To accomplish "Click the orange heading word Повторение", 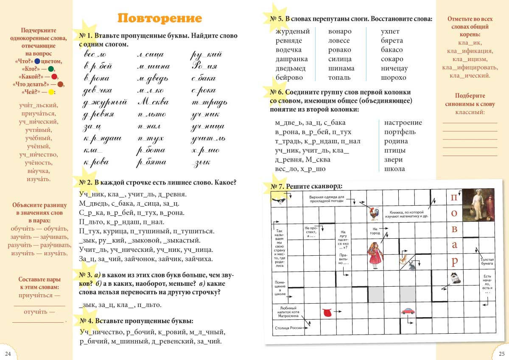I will tap(159, 19).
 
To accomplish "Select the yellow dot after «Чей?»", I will tap(51, 92).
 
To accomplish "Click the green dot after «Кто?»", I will tap(51, 69).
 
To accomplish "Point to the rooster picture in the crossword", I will tap(373, 213).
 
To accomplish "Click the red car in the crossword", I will tap(408, 311).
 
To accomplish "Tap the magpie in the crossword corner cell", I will tap(279, 200).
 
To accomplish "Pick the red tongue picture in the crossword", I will tap(327, 313).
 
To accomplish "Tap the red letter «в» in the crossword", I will tap(454, 229).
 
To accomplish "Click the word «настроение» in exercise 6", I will tap(403, 123).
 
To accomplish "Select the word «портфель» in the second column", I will tap(400, 132).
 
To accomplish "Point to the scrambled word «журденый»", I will tap(292, 31).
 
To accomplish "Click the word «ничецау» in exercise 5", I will tap(394, 68).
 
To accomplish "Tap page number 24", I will tap(8, 354).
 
